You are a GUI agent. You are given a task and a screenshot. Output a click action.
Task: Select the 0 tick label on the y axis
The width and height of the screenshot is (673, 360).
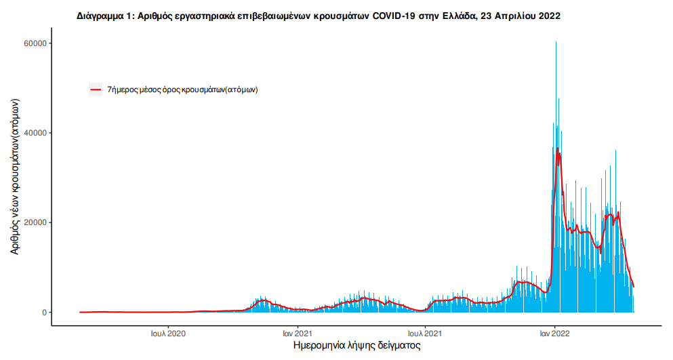click(x=43, y=313)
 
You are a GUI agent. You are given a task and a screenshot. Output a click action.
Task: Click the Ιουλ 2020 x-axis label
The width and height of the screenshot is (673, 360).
click(x=169, y=333)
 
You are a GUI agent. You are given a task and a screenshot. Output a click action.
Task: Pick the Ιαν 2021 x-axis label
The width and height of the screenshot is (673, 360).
click(x=298, y=333)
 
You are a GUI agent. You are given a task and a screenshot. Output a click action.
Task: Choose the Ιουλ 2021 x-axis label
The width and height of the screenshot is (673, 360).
click(x=425, y=333)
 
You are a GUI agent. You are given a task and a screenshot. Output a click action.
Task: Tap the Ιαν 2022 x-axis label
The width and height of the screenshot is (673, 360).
click(x=554, y=333)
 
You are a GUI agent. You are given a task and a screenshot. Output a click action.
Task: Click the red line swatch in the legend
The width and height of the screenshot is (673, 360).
click(x=96, y=89)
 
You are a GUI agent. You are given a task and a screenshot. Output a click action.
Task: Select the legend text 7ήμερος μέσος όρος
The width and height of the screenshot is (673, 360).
click(x=182, y=89)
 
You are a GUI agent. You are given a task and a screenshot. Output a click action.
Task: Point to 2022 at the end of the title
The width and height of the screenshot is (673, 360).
click(x=549, y=16)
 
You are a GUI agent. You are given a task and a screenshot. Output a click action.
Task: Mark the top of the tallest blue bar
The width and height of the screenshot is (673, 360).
click(x=556, y=42)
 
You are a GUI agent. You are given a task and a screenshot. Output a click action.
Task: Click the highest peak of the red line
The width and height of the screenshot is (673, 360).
click(x=557, y=148)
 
